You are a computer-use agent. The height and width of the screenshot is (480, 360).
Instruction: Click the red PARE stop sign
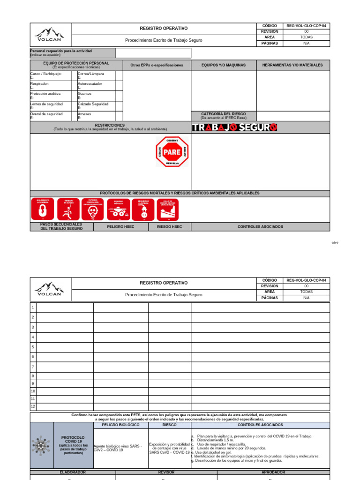pos(172,152)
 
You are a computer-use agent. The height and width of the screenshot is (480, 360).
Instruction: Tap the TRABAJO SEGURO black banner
pos(234,127)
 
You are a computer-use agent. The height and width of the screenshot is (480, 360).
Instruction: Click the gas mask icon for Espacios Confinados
pos(92,209)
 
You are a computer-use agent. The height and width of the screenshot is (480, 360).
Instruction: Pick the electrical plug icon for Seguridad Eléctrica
pos(143,209)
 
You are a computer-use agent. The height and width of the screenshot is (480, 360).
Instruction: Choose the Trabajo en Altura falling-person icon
pos(68,209)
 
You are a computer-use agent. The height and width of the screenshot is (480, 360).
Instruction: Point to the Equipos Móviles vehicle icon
pos(118,209)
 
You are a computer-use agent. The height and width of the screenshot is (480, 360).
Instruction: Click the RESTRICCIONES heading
pos(110,126)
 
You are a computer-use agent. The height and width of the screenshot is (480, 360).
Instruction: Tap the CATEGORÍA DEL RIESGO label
pos(223,114)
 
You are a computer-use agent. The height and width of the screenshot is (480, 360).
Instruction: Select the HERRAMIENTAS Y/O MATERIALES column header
pos(292,65)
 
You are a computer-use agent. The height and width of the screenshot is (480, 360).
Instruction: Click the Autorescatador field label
pos(90,83)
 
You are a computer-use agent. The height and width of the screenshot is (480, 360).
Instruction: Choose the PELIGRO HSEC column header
pos(121,227)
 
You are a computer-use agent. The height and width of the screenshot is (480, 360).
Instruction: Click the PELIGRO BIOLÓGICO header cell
pos(121,425)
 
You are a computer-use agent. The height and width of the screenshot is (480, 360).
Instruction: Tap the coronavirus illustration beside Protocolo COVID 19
pos(41,445)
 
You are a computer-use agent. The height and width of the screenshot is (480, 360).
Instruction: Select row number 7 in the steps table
pos(33,366)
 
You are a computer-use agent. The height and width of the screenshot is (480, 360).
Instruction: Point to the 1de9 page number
pos(334,243)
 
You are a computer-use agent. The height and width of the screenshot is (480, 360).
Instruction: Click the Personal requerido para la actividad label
pos(61,51)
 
